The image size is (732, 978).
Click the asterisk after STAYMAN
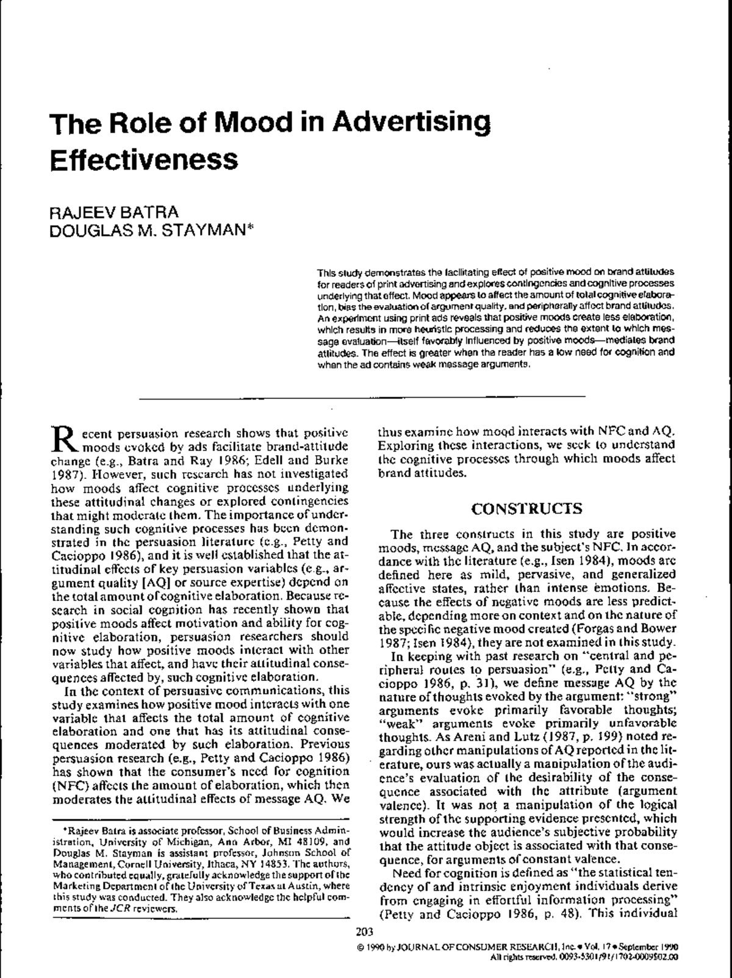point(241,230)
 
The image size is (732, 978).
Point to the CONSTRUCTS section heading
point(527,509)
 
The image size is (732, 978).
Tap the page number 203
point(364,932)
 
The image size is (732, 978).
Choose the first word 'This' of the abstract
point(326,271)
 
